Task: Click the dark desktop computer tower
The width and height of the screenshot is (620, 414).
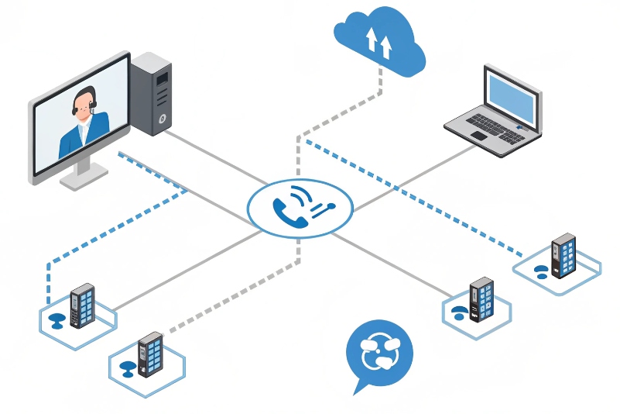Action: [x=151, y=93]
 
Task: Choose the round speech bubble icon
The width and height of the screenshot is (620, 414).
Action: [x=379, y=353]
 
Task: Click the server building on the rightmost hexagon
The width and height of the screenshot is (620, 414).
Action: [x=563, y=255]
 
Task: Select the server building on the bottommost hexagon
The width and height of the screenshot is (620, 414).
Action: [x=149, y=355]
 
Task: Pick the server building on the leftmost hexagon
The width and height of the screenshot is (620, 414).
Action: [x=81, y=305]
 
